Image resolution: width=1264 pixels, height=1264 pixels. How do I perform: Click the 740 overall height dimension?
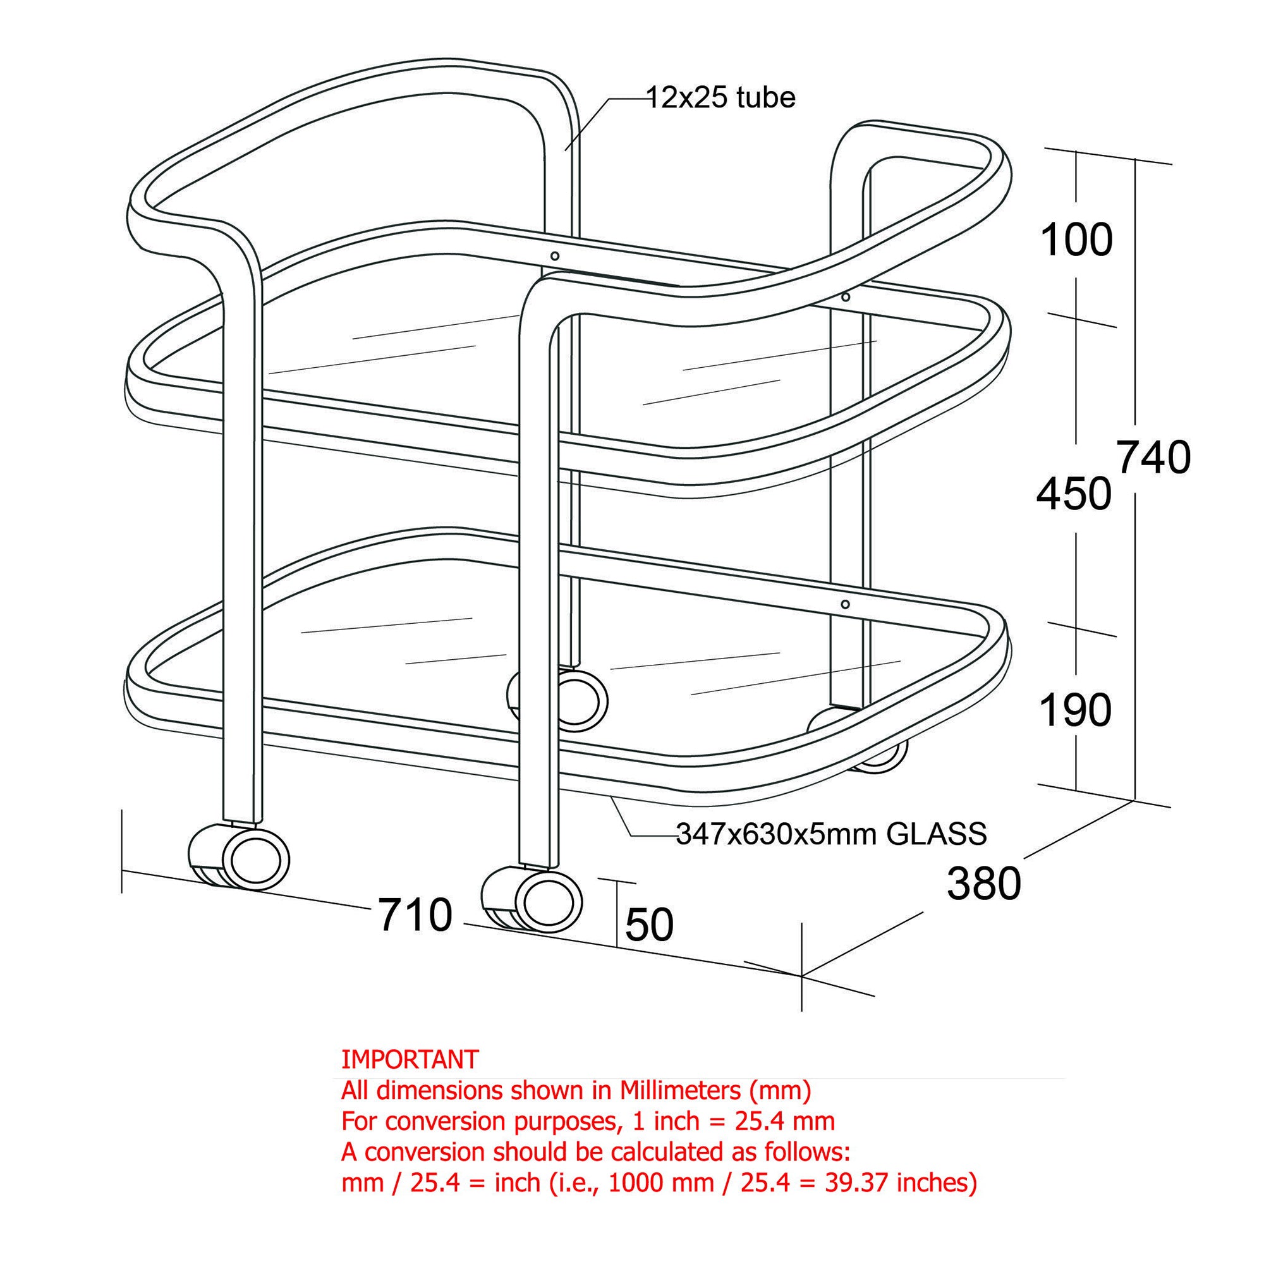point(1153,458)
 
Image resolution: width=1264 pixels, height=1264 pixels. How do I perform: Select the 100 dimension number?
point(1076,240)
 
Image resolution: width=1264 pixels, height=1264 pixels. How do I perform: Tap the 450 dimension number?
point(1074,494)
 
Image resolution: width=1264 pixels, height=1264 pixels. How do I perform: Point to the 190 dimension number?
point(1076,710)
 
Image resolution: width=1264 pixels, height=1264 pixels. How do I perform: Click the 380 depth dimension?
point(984,884)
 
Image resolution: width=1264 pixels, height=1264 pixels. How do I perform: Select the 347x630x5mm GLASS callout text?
point(831,834)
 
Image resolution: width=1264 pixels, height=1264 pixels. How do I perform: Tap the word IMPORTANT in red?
point(410,1059)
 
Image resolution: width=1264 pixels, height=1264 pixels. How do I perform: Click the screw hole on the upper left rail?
point(555,257)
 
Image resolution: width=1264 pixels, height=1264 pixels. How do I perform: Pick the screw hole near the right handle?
point(845,298)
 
